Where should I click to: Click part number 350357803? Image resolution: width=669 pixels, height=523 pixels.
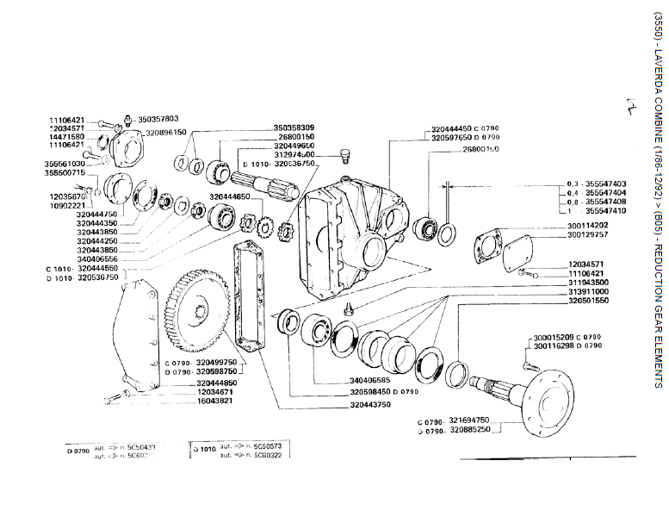coord(158,118)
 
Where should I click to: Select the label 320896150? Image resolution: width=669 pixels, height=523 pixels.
coord(166,133)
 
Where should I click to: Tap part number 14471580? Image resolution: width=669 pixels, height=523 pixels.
coord(66,136)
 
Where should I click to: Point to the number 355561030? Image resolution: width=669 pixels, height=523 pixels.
coord(66,163)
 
